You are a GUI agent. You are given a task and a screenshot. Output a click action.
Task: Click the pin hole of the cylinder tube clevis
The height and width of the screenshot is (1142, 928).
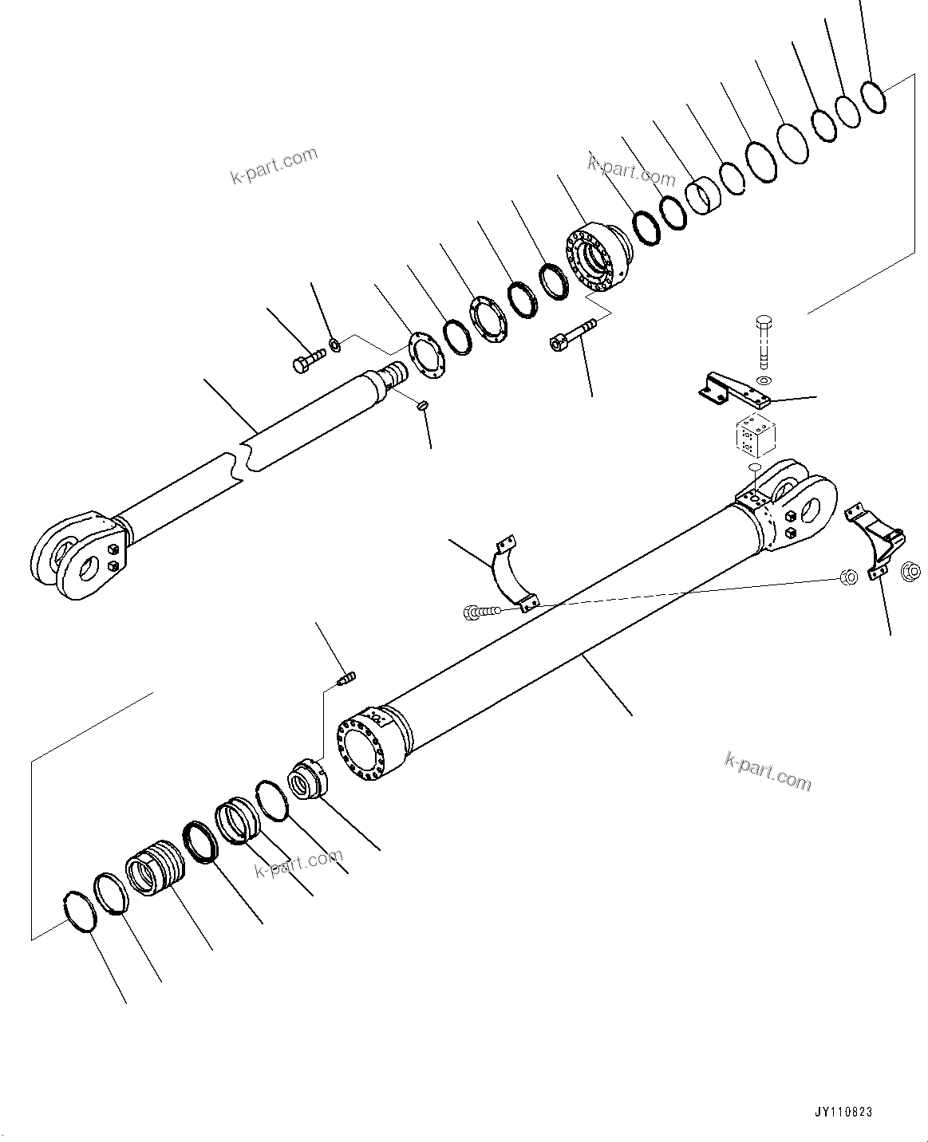(x=817, y=506)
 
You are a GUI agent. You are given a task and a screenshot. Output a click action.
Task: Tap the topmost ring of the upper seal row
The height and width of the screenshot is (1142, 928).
(x=874, y=97)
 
